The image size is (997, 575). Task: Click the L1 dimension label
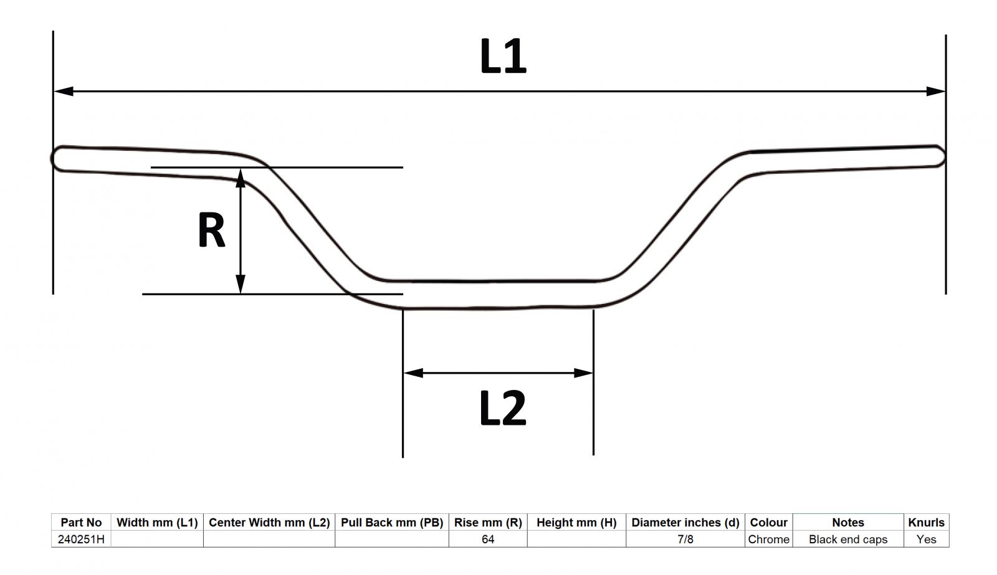point(503,56)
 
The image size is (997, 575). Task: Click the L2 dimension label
point(503,408)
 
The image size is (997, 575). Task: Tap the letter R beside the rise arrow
point(211,230)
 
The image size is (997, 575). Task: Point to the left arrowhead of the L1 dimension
point(64,91)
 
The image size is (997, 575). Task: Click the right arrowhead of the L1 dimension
point(935,91)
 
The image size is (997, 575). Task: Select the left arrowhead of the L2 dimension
point(414,373)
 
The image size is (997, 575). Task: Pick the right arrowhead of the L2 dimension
point(583,373)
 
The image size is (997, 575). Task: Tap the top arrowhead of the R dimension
point(241,178)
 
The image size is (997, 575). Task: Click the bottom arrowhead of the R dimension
point(241,284)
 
